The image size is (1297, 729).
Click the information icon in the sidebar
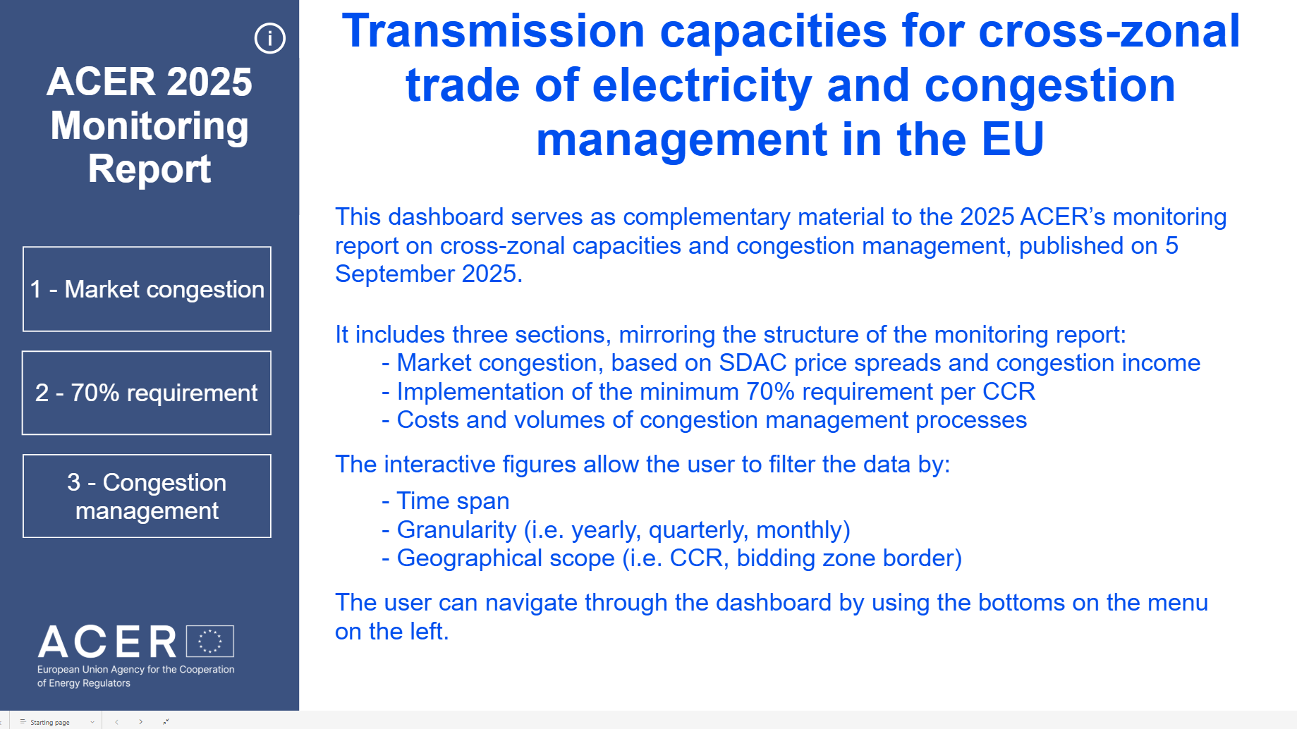[269, 38]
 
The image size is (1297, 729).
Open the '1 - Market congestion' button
[147, 289]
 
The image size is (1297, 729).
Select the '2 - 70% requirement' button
[147, 393]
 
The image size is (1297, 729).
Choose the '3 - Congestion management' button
[147, 496]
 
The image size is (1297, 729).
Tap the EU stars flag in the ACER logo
[210, 641]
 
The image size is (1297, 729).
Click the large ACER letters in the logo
[107, 642]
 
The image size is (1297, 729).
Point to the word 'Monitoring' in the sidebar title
[150, 125]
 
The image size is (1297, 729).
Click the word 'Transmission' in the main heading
[494, 31]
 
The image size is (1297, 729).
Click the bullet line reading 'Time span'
[446, 501]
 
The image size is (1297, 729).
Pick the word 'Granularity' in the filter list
[456, 529]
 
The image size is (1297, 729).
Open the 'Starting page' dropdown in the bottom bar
[56, 722]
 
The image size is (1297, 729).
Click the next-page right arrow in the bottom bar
[140, 722]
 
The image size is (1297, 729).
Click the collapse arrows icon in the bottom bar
[166, 722]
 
